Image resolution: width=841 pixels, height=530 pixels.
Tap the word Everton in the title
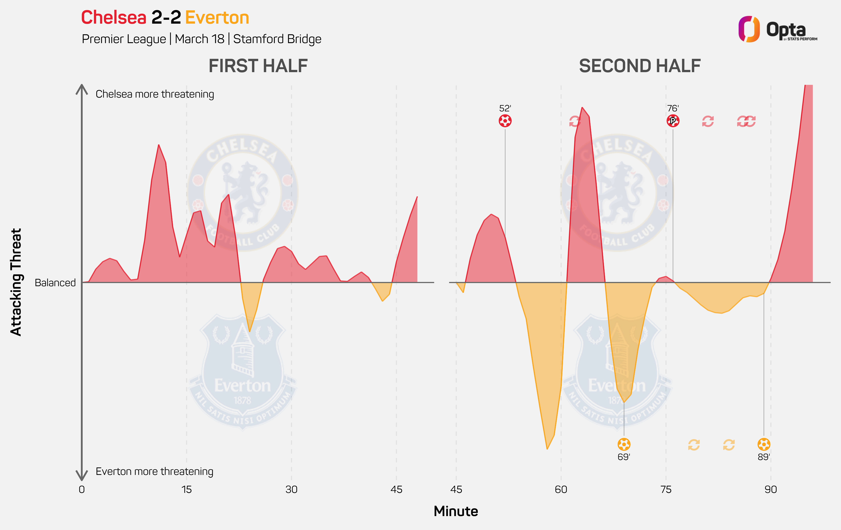[x=217, y=18]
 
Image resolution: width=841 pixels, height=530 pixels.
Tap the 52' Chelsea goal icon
[x=505, y=121]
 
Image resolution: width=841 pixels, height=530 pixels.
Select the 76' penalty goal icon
[x=673, y=121]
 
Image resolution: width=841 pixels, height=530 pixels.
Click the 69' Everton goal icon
[x=624, y=444]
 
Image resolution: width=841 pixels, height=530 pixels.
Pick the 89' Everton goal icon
[x=764, y=444]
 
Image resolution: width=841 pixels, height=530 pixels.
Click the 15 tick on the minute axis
[x=186, y=489]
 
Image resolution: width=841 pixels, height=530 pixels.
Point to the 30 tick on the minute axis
[x=291, y=489]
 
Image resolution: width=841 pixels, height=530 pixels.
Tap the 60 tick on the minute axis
[x=561, y=489]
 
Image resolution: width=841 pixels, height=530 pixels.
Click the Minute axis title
[x=456, y=511]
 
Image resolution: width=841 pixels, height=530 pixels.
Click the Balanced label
[x=55, y=282]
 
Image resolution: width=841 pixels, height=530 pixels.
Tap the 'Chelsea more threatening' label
[x=155, y=94]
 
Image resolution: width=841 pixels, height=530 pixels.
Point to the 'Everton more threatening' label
[x=154, y=471]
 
